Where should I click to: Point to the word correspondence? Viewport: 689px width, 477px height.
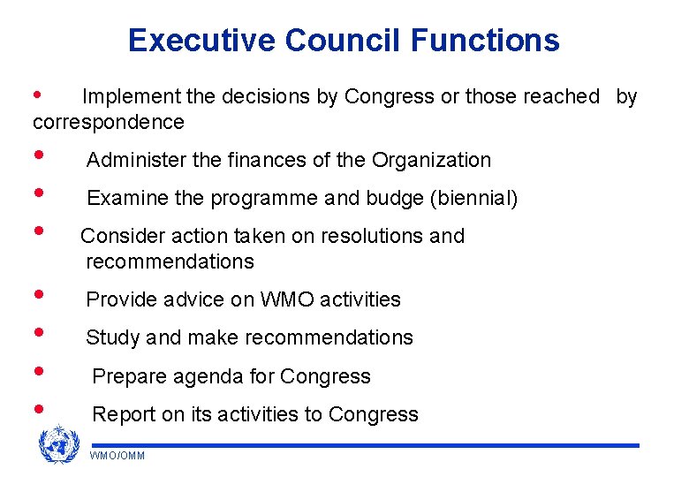(x=109, y=122)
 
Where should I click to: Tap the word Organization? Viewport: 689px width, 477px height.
(x=432, y=160)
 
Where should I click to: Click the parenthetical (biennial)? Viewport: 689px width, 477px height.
(x=474, y=199)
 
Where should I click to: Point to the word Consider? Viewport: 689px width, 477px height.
(x=118, y=236)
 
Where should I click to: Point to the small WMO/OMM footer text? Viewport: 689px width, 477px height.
(x=117, y=456)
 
